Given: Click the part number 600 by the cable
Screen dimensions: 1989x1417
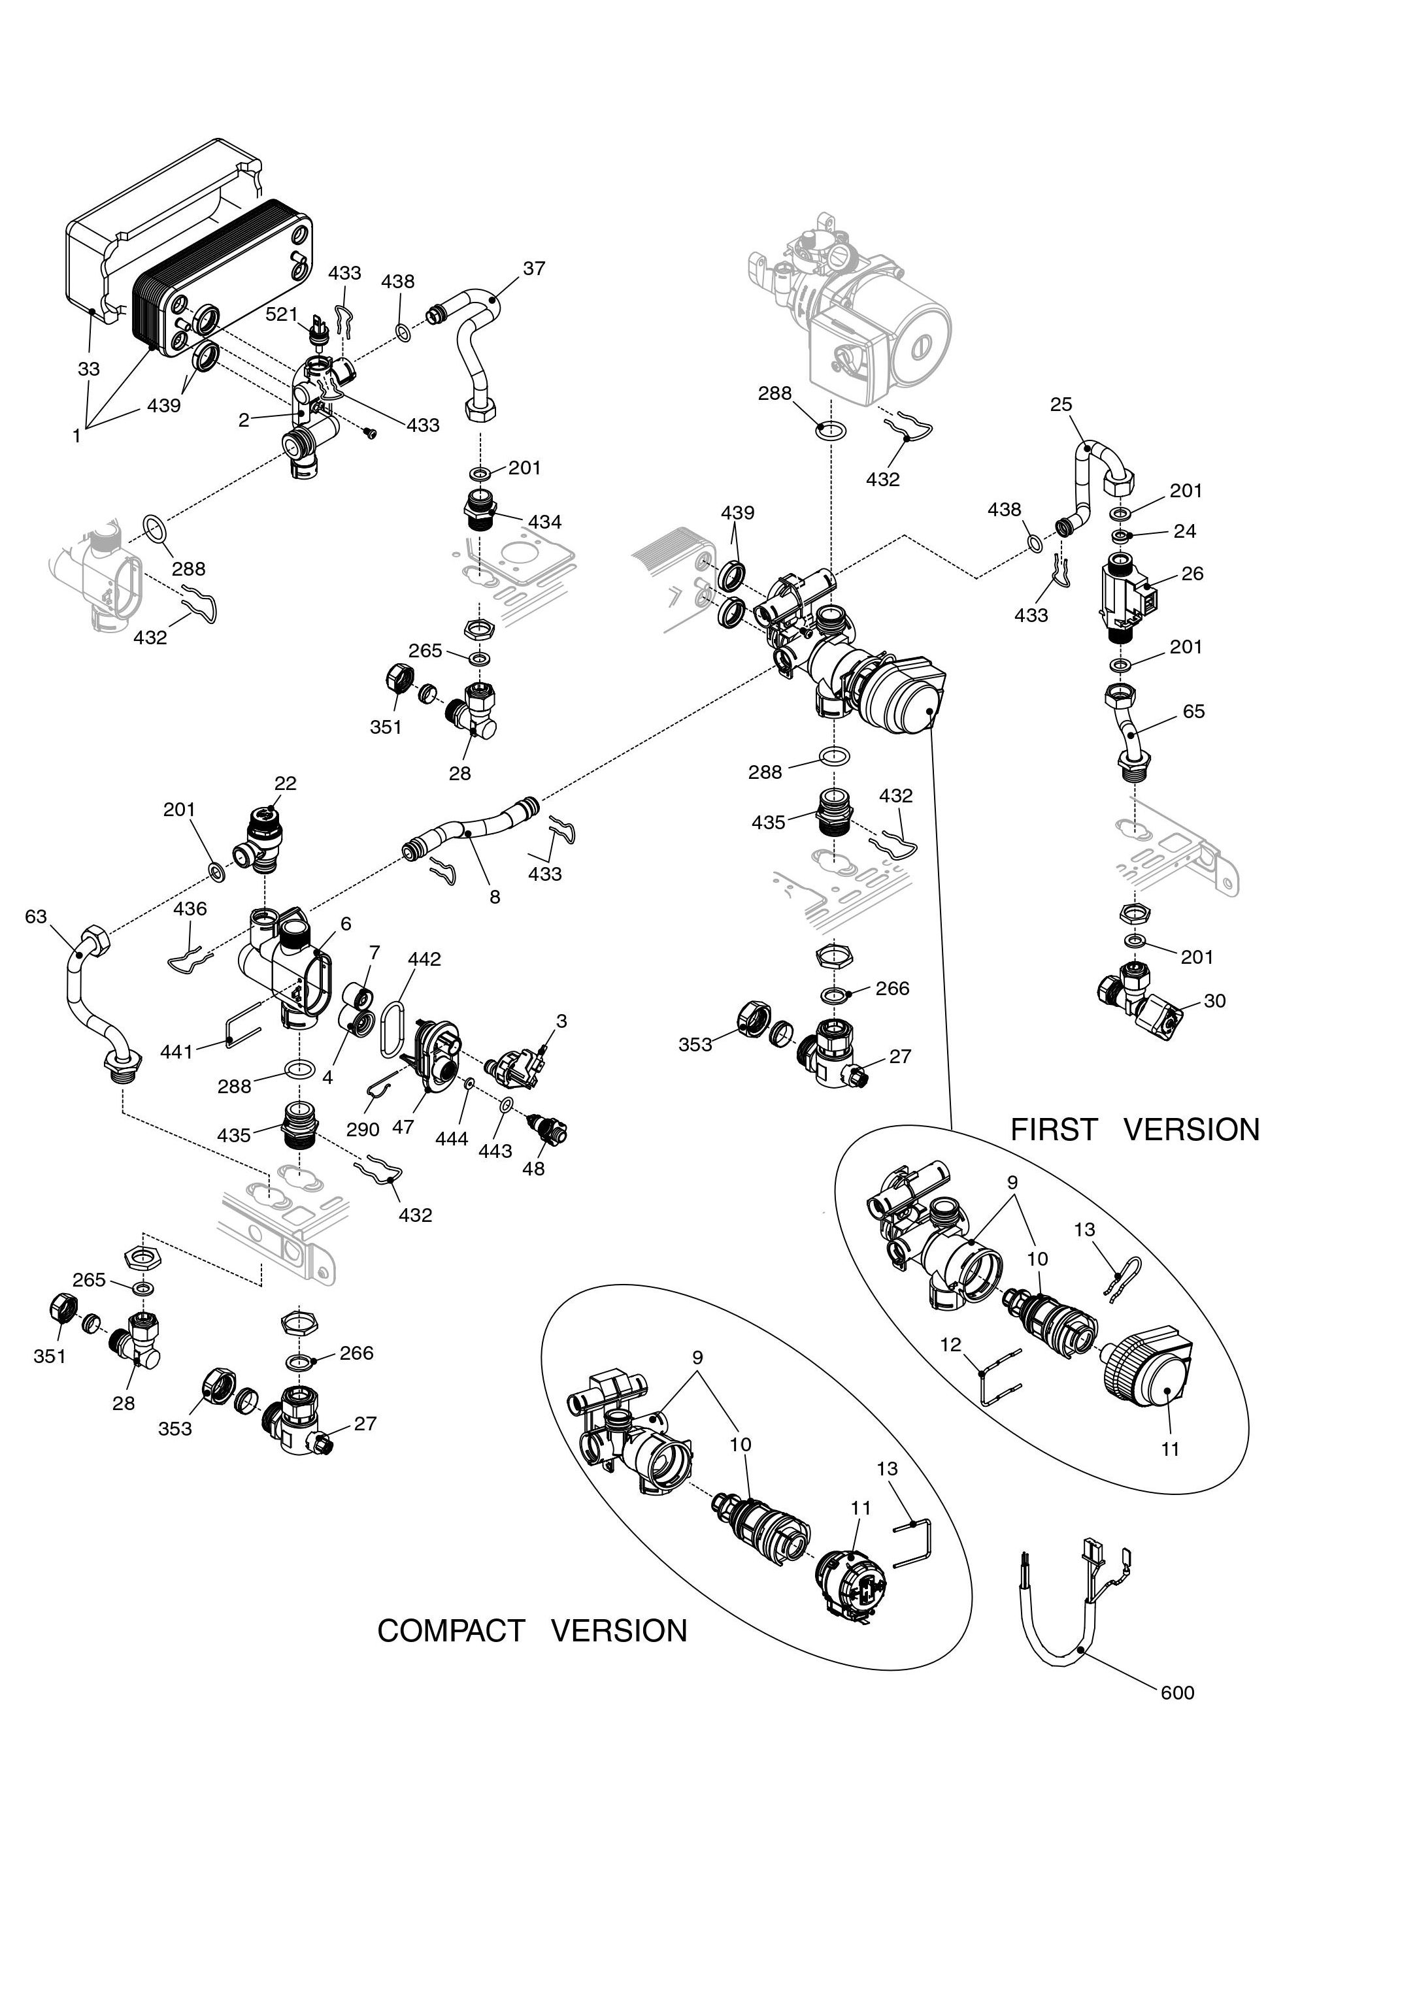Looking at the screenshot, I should click(1177, 1693).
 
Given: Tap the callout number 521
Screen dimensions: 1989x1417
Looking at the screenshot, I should click(281, 314).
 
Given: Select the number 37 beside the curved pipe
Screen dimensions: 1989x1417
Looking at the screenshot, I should click(534, 269).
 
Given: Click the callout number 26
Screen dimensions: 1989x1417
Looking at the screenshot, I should click(1192, 573).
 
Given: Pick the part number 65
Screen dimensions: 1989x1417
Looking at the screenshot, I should click(1193, 711).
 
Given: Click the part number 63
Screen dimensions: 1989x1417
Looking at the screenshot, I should click(36, 916).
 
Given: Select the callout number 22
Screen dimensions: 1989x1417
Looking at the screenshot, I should click(286, 783).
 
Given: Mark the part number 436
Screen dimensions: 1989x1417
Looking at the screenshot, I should click(190, 908).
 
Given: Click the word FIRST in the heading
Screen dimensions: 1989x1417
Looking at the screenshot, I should click(1053, 1130).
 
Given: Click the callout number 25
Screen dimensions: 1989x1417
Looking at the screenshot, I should click(1061, 404).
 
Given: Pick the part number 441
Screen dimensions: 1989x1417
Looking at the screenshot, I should click(176, 1052).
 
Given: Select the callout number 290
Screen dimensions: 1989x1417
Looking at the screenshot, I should click(363, 1129).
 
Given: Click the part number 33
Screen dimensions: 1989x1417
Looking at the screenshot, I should click(89, 369).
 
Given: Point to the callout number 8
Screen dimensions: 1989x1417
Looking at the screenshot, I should click(495, 896).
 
